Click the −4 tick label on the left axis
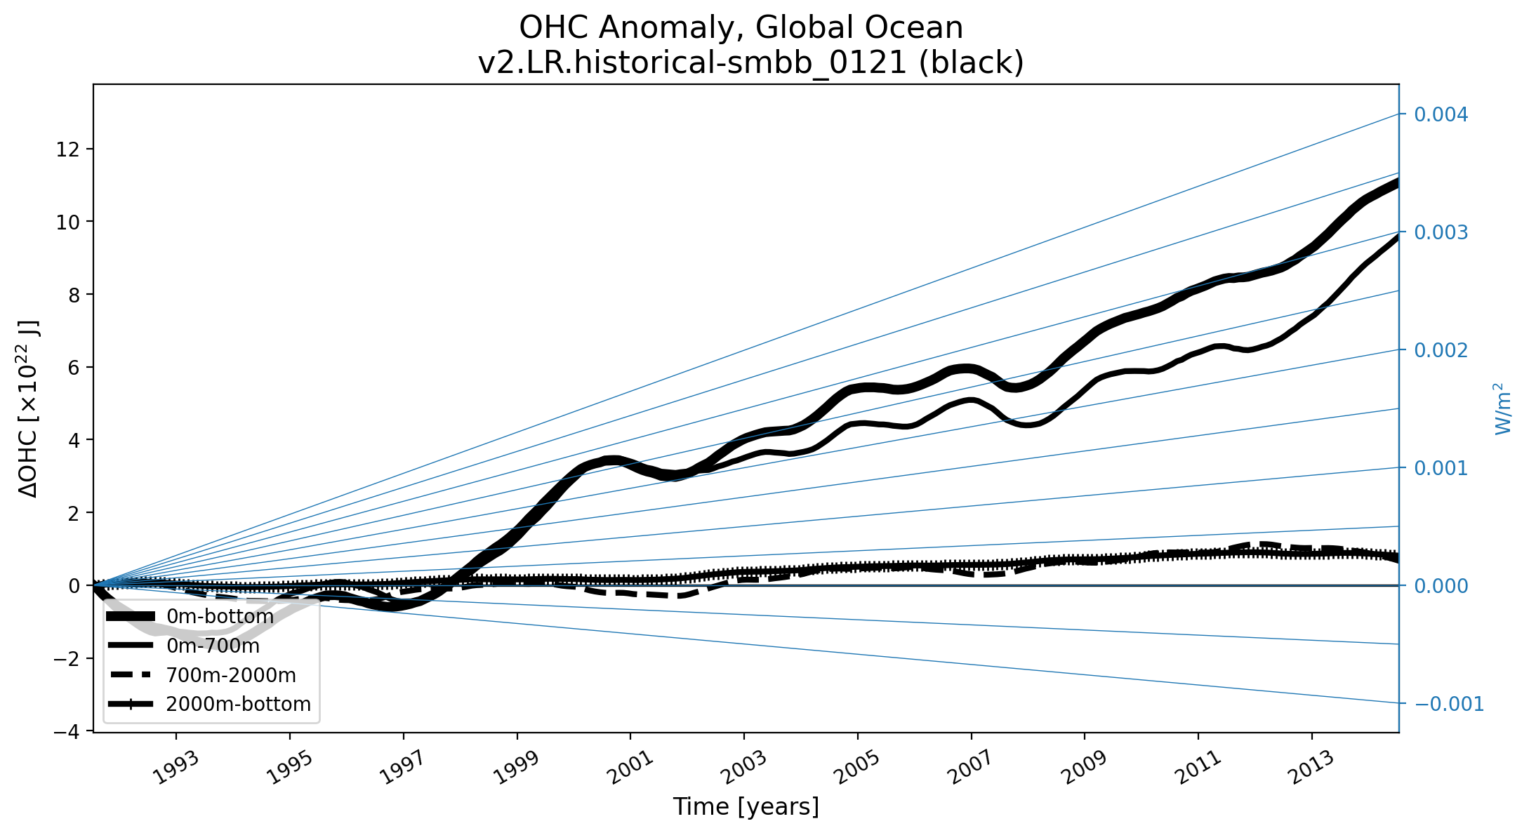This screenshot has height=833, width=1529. pos(67,731)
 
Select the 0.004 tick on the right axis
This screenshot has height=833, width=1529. pos(1441,114)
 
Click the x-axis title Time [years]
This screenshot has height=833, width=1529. pos(746,807)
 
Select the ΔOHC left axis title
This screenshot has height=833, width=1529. pos(29,408)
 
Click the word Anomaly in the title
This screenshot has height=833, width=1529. pos(668,28)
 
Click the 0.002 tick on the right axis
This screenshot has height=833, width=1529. pos(1441,350)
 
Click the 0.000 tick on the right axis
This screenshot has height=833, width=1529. pos(1441,586)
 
